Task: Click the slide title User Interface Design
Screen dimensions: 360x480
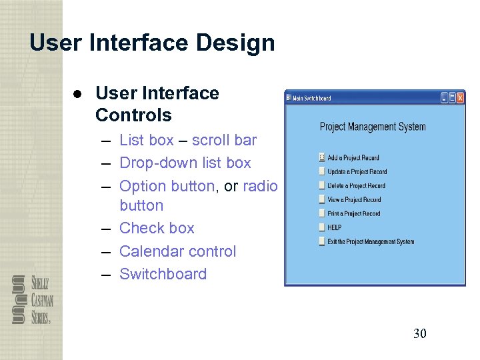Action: click(x=152, y=43)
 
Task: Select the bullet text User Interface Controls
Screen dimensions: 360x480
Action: click(x=157, y=104)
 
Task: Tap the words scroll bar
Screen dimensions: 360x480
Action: click(x=224, y=140)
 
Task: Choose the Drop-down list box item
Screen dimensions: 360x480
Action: click(x=185, y=163)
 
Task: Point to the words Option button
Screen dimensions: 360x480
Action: click(x=167, y=186)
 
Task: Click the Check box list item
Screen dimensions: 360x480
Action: click(x=157, y=228)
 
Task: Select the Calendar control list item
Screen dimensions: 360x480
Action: click(x=177, y=251)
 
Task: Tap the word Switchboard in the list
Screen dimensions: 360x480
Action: click(x=163, y=274)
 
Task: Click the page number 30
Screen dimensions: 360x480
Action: click(x=419, y=333)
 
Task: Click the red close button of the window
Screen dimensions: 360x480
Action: click(x=459, y=98)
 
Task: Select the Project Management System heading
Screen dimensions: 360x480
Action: click(x=372, y=127)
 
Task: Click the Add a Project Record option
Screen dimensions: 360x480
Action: click(x=353, y=158)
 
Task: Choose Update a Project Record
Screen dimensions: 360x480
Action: click(x=357, y=172)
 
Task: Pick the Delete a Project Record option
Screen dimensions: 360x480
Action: click(x=356, y=186)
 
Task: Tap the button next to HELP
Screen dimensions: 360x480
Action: click(x=322, y=228)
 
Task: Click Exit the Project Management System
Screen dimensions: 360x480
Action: click(x=370, y=242)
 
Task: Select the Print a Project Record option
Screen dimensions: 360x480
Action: click(x=353, y=214)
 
